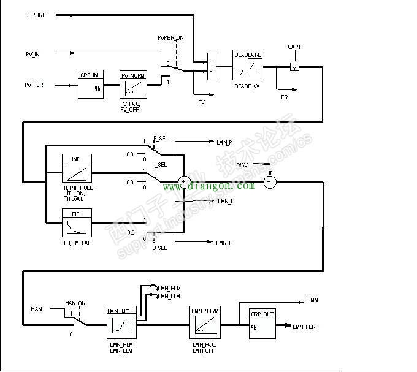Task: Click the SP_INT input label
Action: coord(37,14)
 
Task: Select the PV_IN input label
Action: coord(33,54)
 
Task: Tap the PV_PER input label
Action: coord(34,85)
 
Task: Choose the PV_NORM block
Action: coord(134,85)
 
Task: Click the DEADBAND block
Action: coord(248,66)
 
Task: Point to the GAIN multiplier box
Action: coord(294,67)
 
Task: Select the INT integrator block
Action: coord(77,168)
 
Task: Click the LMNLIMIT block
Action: coord(121,322)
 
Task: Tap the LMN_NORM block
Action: coord(205,322)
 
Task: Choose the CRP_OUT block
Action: coord(262,323)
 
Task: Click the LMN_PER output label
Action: coord(305,327)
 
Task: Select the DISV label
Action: coord(242,164)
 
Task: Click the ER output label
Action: coord(284,97)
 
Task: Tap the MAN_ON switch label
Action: coord(75,303)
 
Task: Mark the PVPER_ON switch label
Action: coord(170,38)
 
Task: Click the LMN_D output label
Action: coord(224,243)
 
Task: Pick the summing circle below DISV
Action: coord(269,181)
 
